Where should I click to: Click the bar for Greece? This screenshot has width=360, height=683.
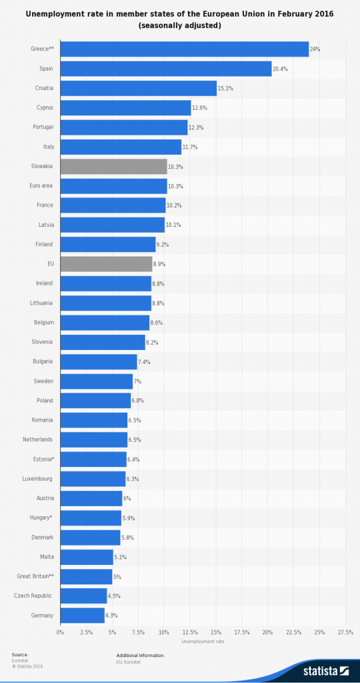[184, 49]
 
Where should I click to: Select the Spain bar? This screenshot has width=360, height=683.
[165, 69]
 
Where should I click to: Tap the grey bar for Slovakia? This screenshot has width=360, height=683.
[113, 166]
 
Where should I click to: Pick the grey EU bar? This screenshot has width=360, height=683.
[106, 264]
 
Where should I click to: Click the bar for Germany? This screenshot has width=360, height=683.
[82, 615]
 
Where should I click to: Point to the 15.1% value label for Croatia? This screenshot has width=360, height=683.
[227, 89]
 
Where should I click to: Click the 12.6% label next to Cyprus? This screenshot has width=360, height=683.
[201, 108]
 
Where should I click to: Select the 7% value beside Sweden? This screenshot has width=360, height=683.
[137, 382]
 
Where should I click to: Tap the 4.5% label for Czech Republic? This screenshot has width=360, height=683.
[114, 596]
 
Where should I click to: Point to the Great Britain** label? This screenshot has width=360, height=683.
[35, 576]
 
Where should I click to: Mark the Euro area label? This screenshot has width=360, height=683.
[43, 185]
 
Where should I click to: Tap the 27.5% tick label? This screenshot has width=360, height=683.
[345, 632]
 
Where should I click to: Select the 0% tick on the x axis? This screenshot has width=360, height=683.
[60, 632]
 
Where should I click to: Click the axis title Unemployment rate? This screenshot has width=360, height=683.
[203, 642]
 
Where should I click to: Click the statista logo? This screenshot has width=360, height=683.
[326, 670]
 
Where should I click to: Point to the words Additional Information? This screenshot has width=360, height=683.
[140, 655]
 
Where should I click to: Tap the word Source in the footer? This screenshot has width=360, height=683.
[20, 655]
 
